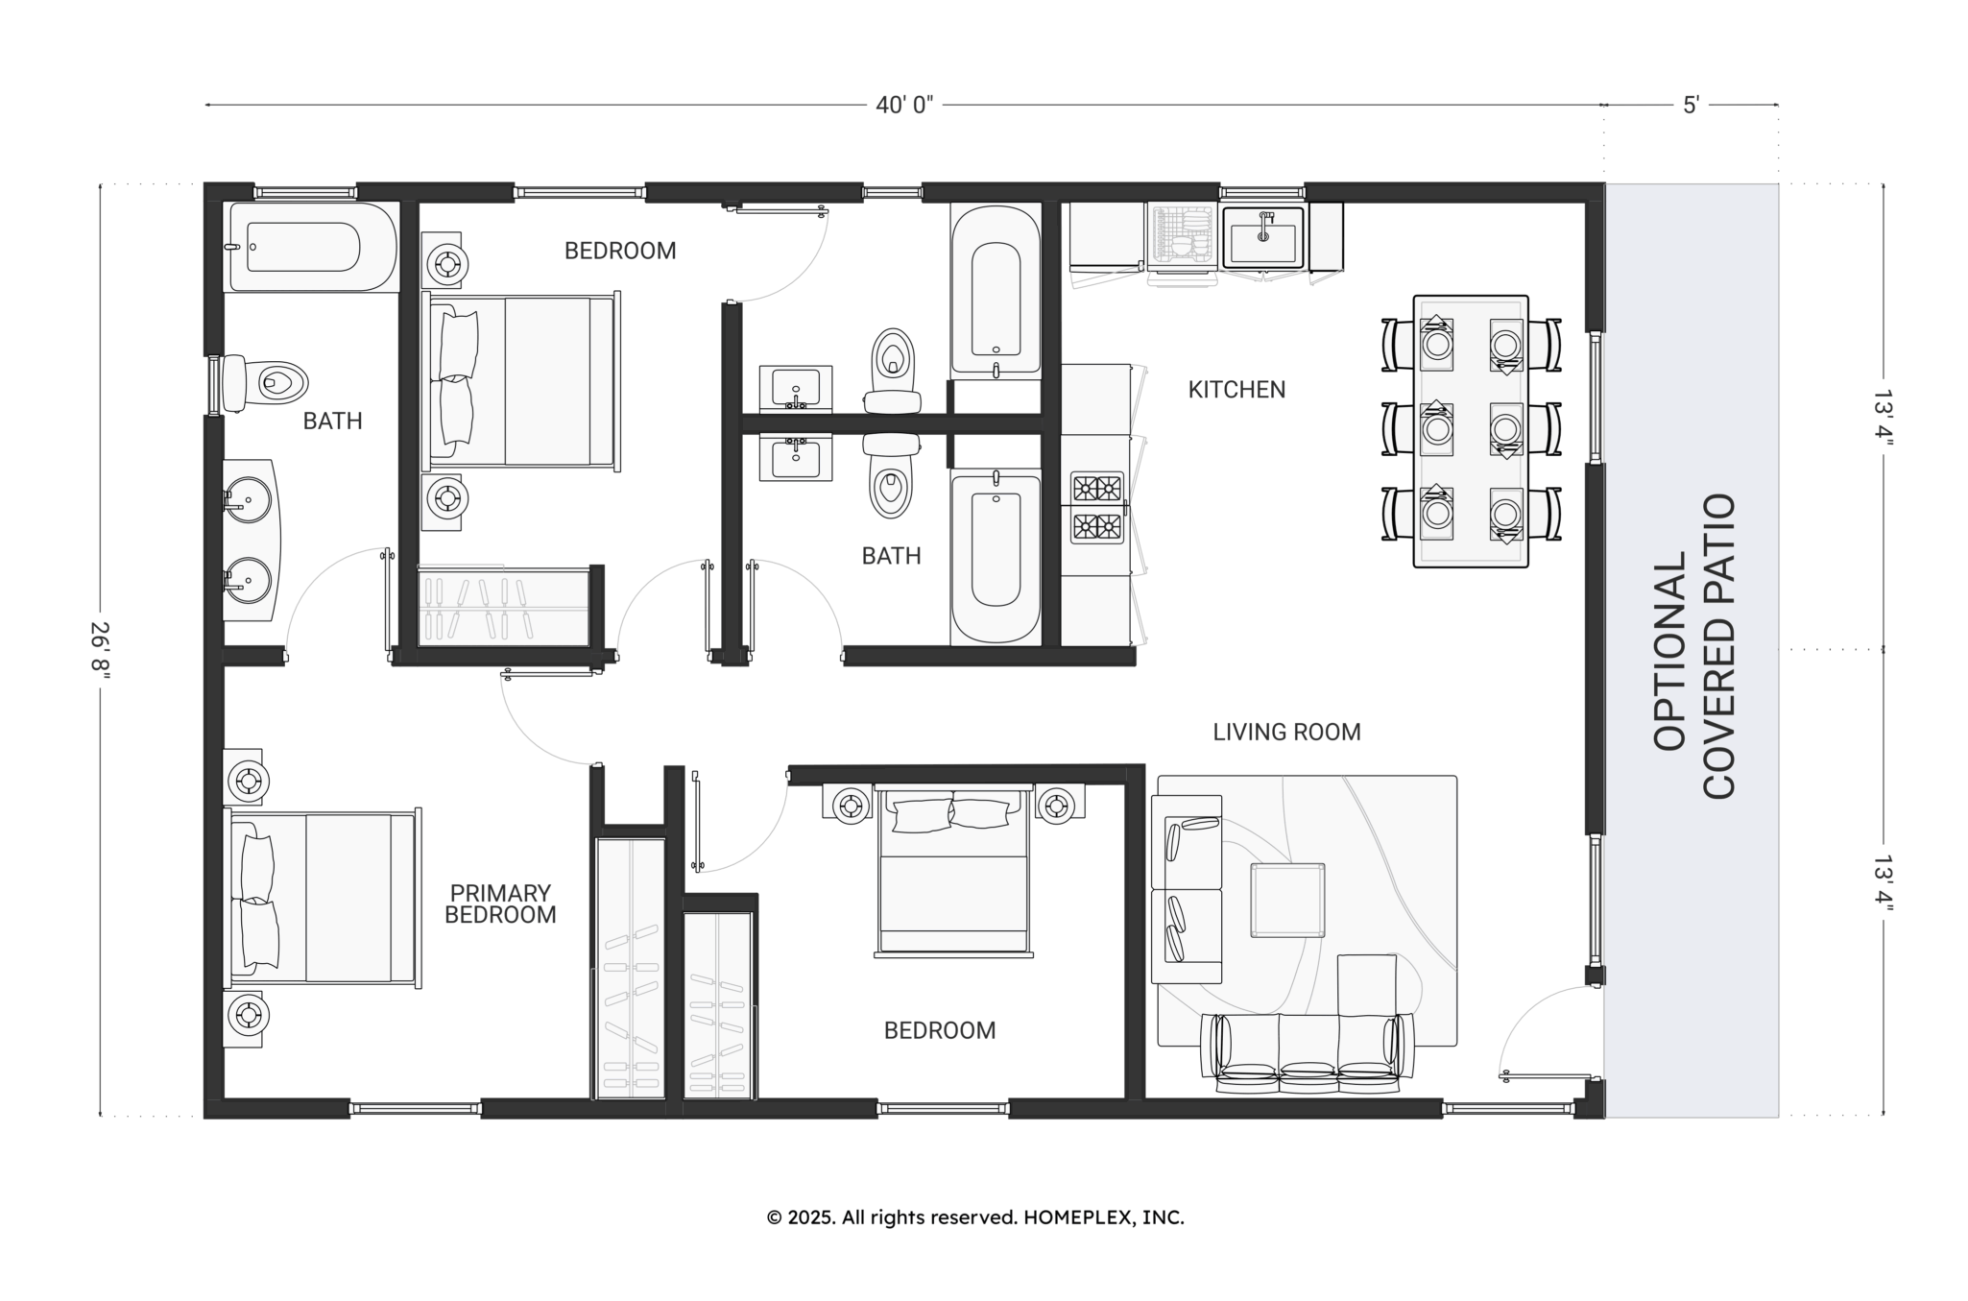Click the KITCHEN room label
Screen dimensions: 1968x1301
point(1236,390)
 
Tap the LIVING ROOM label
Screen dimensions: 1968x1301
point(1286,733)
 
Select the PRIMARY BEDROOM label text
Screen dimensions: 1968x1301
point(500,904)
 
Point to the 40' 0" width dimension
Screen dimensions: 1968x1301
point(904,105)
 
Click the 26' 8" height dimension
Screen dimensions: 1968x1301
point(102,651)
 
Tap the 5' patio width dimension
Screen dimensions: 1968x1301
point(1692,105)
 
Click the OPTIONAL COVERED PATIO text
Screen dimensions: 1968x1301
point(1694,646)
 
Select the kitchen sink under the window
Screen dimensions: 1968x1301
point(1262,236)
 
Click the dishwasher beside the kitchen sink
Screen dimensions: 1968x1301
point(1184,236)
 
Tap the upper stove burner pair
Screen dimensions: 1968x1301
point(1097,488)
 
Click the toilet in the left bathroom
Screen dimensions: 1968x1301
point(265,382)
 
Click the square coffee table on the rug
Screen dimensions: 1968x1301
point(1287,900)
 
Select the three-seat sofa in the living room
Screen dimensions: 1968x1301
point(1308,1053)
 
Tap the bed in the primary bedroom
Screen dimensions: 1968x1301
point(323,898)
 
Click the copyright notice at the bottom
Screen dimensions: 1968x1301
point(975,1217)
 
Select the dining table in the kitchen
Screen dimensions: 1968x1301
point(1471,431)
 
